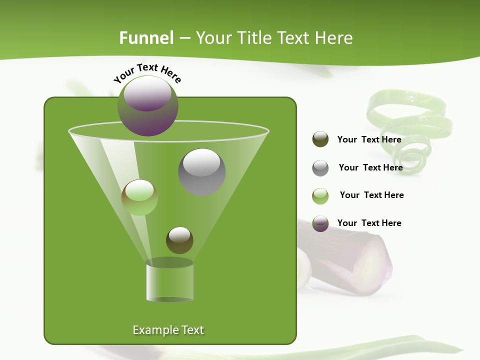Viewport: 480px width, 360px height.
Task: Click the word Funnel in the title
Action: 146,38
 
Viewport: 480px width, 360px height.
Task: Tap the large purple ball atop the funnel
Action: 148,105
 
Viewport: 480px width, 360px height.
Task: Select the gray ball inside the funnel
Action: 201,171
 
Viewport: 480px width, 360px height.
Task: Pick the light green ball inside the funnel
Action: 139,197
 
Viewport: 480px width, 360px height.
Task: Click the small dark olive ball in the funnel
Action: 179,240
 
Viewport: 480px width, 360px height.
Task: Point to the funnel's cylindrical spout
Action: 169,281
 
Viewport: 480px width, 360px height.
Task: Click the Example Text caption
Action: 168,330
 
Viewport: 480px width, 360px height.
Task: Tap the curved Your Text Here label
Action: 147,73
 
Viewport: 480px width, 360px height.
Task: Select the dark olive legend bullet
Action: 320,139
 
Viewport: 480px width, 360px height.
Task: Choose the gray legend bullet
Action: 320,168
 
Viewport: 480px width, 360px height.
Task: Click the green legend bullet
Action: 320,195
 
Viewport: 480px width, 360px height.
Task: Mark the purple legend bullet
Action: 320,223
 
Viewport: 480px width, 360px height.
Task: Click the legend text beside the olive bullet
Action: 369,139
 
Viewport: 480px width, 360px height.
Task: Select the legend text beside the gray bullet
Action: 370,167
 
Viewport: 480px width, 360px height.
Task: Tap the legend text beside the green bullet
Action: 371,195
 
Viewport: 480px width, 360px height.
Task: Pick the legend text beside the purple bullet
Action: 369,223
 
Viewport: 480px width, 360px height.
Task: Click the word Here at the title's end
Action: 334,38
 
